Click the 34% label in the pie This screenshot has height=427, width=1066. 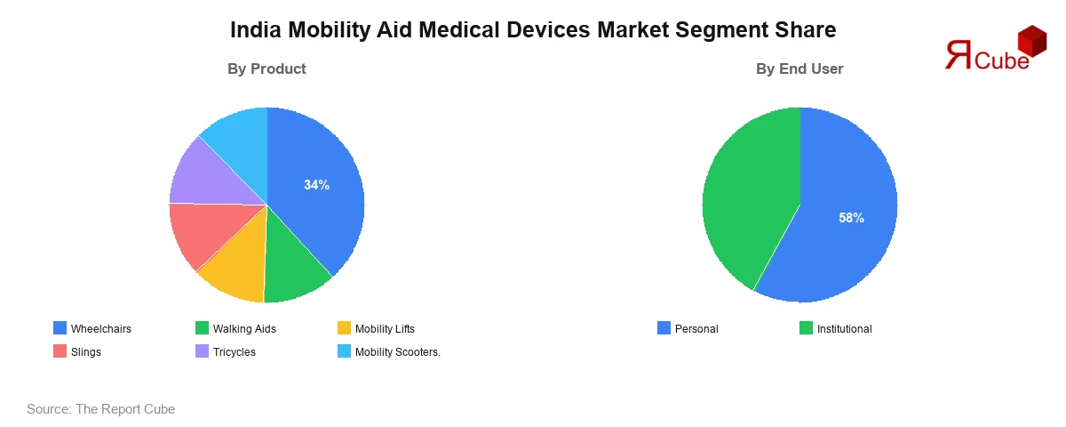tap(316, 185)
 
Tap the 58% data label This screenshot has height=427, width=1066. tap(851, 218)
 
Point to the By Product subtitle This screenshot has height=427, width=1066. tap(266, 68)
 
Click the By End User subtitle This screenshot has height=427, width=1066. tap(799, 68)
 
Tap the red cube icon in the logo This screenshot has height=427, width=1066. tap(1031, 40)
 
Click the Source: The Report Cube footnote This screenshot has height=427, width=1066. tap(100, 409)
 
